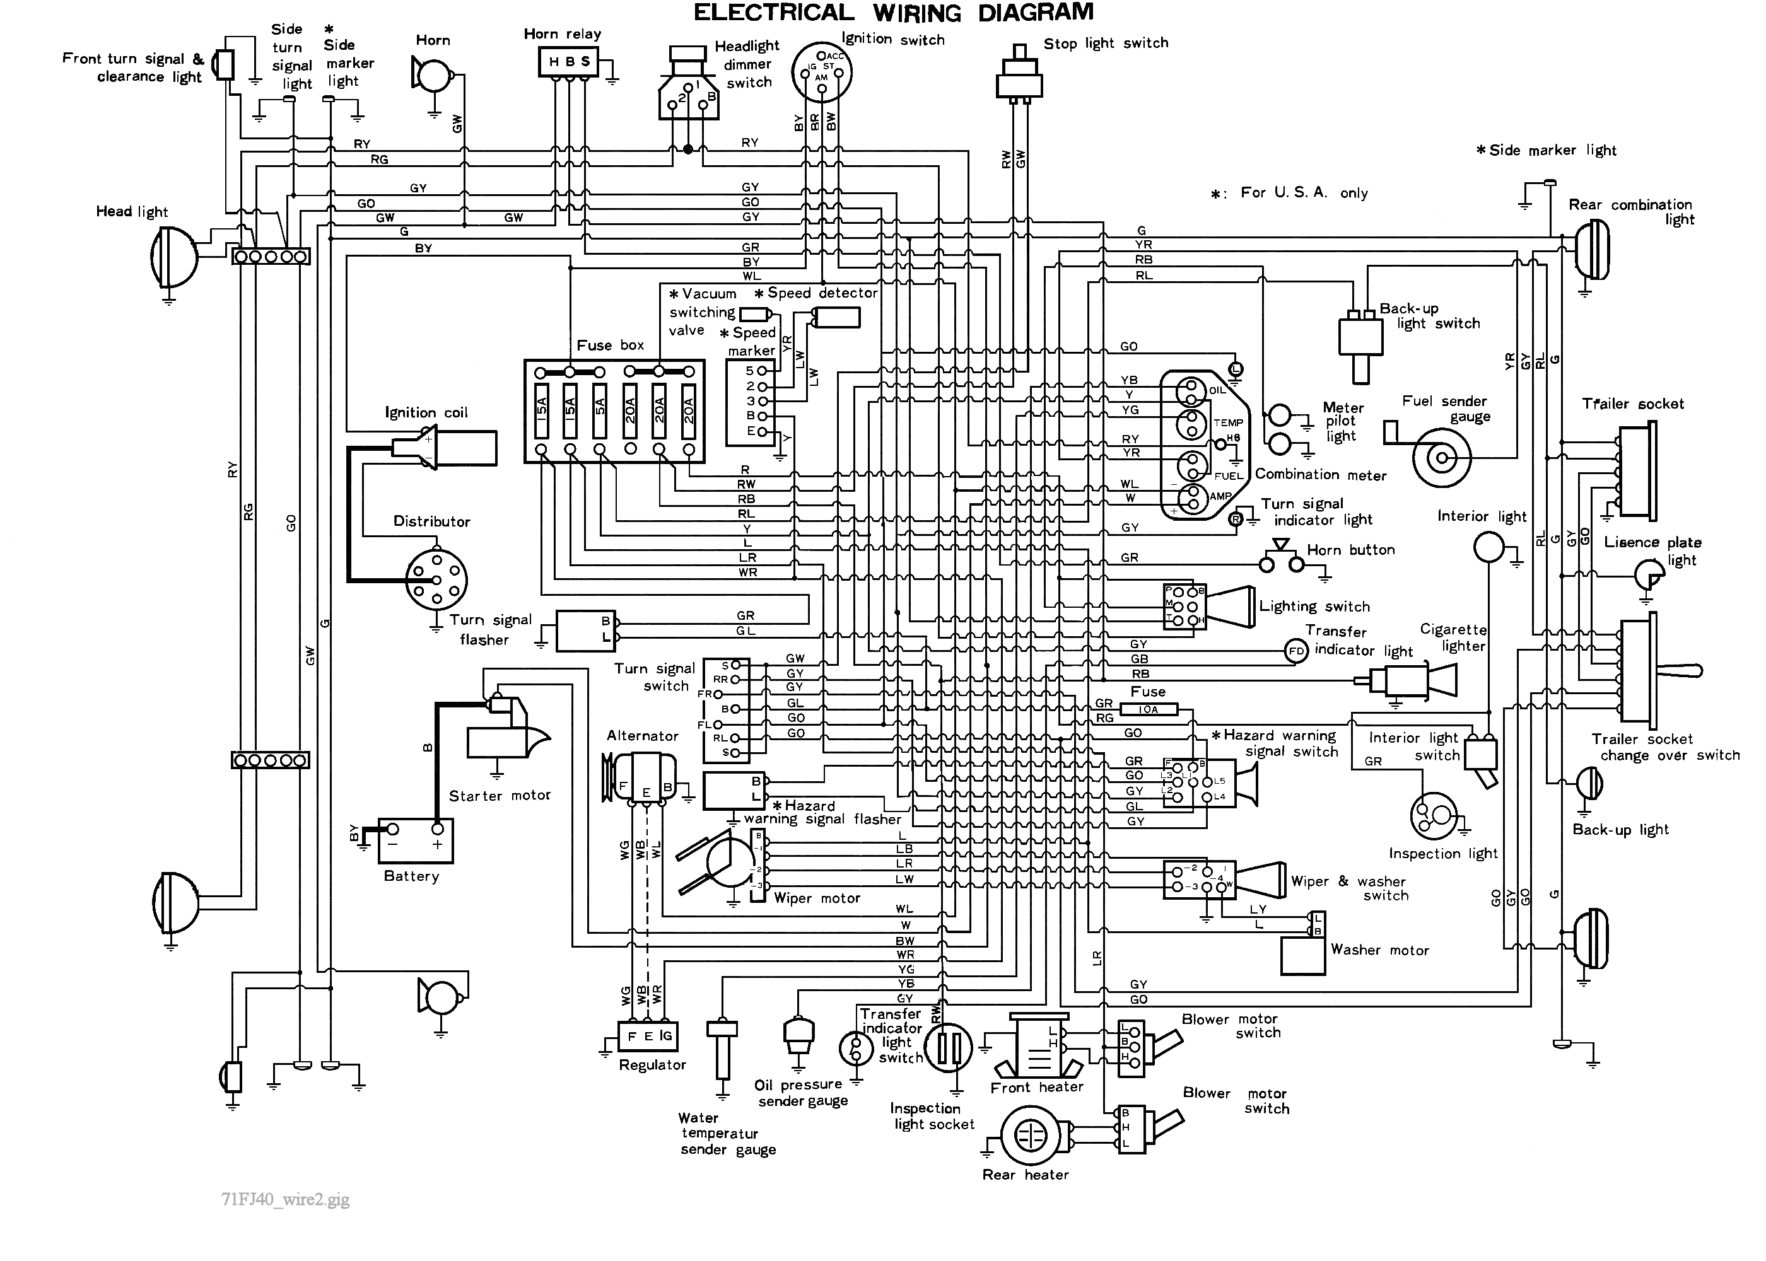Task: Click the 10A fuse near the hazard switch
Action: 1148,709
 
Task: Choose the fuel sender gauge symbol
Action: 1441,458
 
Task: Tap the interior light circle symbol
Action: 1488,547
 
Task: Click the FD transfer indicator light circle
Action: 1296,651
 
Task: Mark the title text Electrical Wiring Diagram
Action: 893,13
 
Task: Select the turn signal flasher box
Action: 585,630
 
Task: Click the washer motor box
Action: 1302,955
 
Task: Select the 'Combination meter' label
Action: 1320,474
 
